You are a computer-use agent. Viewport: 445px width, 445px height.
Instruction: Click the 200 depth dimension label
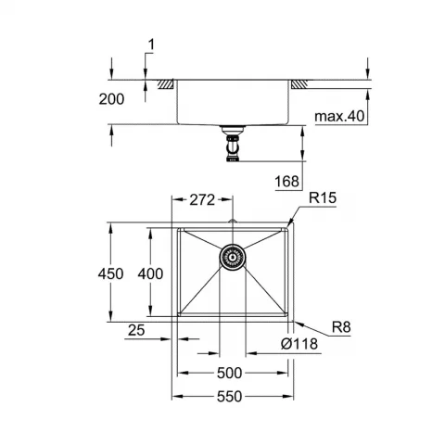click(x=111, y=99)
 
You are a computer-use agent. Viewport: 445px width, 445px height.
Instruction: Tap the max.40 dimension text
click(x=339, y=116)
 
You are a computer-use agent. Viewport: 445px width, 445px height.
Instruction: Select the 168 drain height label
click(x=287, y=181)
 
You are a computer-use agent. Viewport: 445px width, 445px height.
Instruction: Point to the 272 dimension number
click(x=202, y=200)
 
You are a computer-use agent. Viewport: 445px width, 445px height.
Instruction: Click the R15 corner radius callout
click(x=323, y=198)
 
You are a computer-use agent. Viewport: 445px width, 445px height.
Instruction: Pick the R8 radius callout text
click(x=341, y=327)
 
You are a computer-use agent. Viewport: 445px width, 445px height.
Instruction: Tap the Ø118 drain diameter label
click(x=299, y=344)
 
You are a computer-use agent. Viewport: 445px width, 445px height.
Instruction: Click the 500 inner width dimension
click(x=229, y=374)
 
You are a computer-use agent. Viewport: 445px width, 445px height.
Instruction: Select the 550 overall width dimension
click(x=229, y=397)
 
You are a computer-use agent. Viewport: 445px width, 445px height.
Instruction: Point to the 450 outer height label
click(x=110, y=273)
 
